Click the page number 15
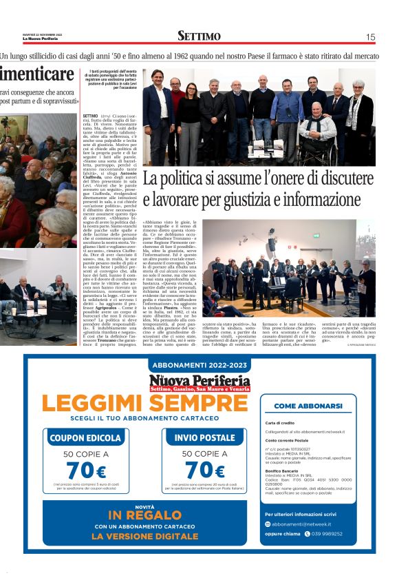(x=370, y=37)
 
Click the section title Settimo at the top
(x=199, y=37)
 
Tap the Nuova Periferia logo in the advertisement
(x=199, y=384)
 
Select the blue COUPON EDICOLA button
(x=85, y=437)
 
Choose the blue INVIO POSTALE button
(x=205, y=437)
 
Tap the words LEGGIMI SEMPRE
(x=144, y=403)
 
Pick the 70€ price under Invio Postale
(x=204, y=471)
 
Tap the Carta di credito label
(x=279, y=423)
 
